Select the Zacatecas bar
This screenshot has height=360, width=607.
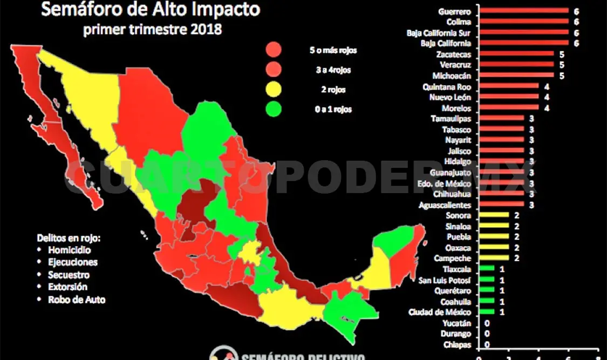516,55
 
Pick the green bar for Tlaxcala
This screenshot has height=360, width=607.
486,269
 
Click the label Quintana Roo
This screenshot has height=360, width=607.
453,86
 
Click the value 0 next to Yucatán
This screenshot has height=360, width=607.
487,323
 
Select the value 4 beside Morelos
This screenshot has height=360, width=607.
546,108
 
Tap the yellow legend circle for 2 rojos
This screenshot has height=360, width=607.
274,90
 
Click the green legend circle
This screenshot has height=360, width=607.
274,109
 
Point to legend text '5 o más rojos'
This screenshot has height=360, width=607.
333,50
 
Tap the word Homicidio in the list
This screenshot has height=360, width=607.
69,250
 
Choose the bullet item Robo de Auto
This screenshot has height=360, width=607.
77,300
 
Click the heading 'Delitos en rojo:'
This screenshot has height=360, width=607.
69,237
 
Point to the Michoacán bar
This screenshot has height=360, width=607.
516,76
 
